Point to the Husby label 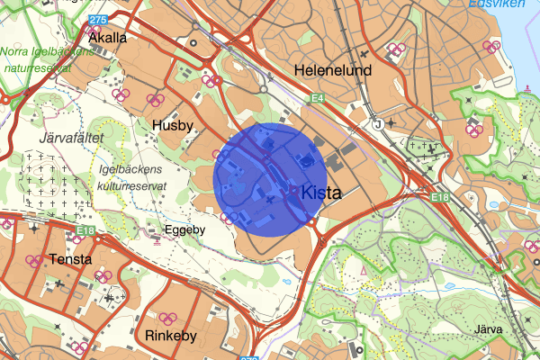coord(173,126)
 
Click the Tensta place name coord(73,259)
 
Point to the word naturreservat coord(39,66)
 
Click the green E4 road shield coord(317,97)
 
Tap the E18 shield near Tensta coord(85,231)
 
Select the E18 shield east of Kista coord(439,197)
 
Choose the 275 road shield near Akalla coord(99,19)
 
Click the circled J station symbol coord(379,123)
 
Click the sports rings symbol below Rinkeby coord(166,318)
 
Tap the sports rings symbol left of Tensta coord(34,261)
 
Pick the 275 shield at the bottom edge coord(249,356)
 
